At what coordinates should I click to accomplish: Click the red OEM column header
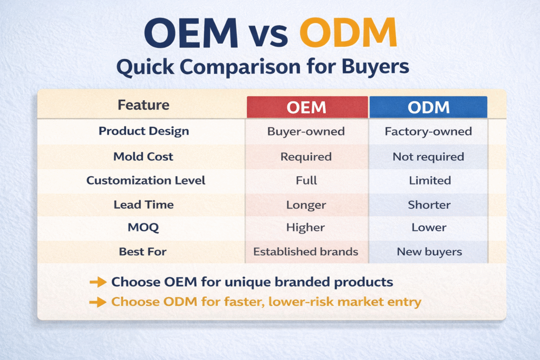[x=307, y=107]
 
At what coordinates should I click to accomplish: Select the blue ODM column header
[x=428, y=107]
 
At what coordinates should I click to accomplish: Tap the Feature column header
[x=143, y=105]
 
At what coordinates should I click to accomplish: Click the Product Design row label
[x=143, y=131]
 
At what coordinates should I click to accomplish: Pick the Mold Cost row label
[x=143, y=157]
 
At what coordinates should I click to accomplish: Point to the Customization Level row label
[x=146, y=180]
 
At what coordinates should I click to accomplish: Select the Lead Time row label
[x=143, y=205]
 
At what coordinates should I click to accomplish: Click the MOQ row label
[x=143, y=228]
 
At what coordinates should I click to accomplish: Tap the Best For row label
[x=143, y=252]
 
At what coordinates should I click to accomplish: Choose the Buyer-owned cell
[x=306, y=132]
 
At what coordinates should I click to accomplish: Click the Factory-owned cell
[x=428, y=132]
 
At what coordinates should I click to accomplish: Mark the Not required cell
[x=428, y=157]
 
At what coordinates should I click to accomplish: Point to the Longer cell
[x=306, y=205]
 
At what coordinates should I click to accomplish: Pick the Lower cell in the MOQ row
[x=429, y=228]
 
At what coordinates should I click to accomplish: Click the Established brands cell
[x=306, y=252]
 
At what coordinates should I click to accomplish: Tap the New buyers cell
[x=429, y=252]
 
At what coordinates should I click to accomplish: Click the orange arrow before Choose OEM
[x=98, y=283]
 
